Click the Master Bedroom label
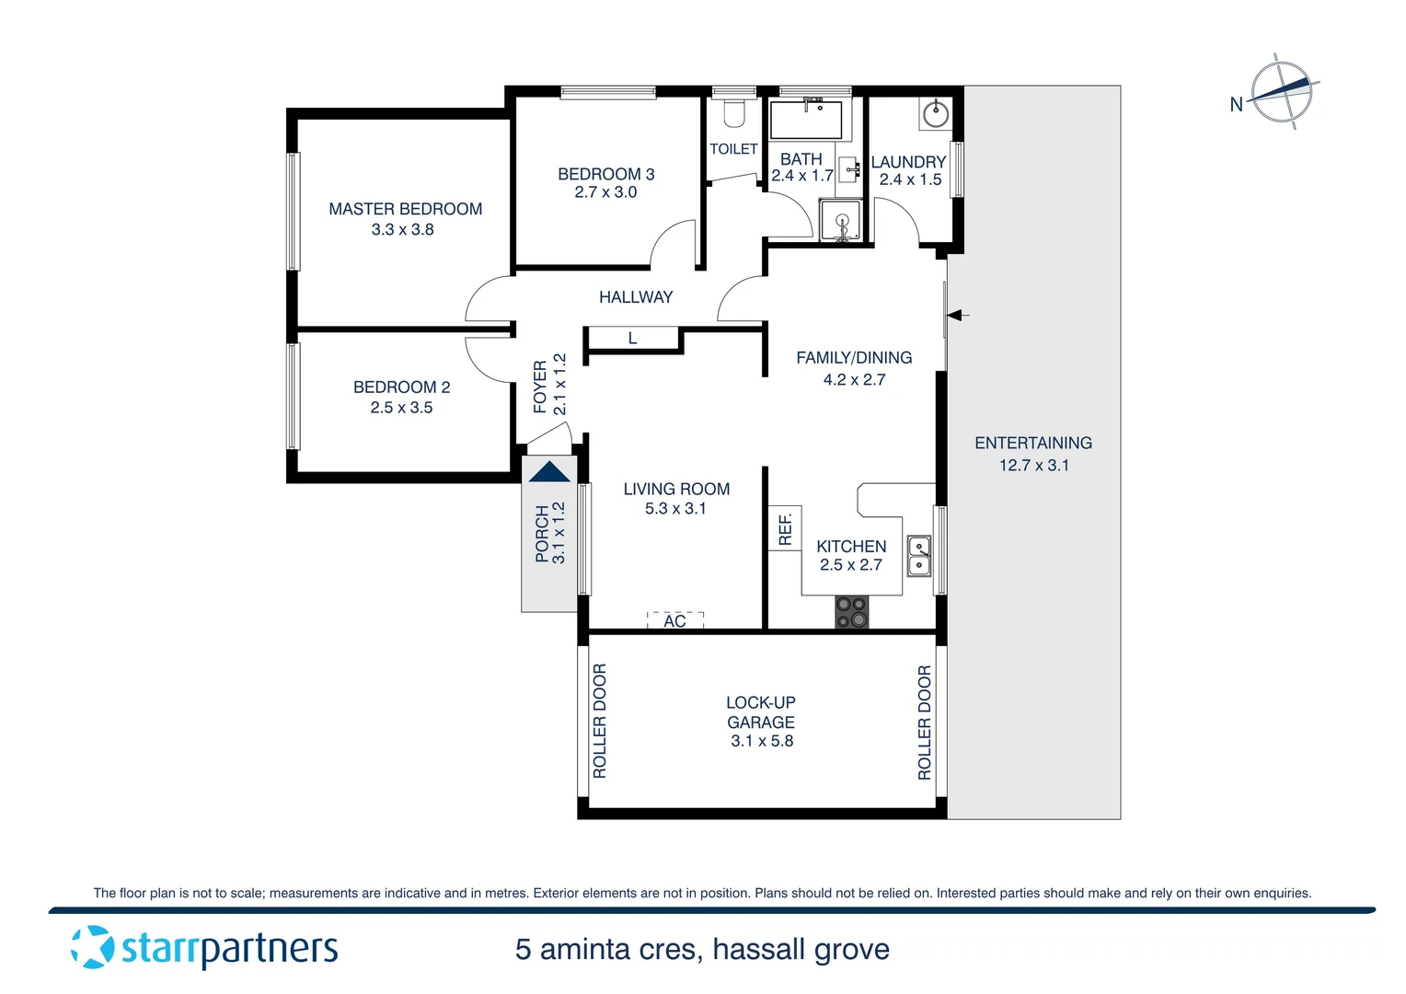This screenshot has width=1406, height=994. tap(405, 209)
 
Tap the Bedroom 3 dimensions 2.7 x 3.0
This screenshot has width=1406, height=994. tap(605, 192)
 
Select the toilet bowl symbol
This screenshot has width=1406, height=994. tap(733, 113)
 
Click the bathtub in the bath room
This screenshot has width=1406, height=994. tap(805, 120)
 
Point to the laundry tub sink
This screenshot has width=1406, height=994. tap(935, 115)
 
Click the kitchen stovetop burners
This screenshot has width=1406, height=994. tap(851, 612)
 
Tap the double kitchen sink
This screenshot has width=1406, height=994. tap(919, 555)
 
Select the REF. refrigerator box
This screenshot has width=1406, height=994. tap(785, 528)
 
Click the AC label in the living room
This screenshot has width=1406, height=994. tap(674, 621)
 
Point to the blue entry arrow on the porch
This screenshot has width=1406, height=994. tap(550, 472)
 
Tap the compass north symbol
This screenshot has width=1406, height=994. tap(1282, 91)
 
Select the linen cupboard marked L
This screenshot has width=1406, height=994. tap(632, 339)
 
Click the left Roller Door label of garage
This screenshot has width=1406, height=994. tap(599, 721)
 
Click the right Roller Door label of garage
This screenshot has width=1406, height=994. tap(924, 722)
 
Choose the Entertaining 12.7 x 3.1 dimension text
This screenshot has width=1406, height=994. tap(1033, 466)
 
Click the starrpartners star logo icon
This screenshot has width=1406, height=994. tap(92, 947)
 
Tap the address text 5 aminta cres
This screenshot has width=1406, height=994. tap(607, 949)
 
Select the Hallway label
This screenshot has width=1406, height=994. tap(635, 297)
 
